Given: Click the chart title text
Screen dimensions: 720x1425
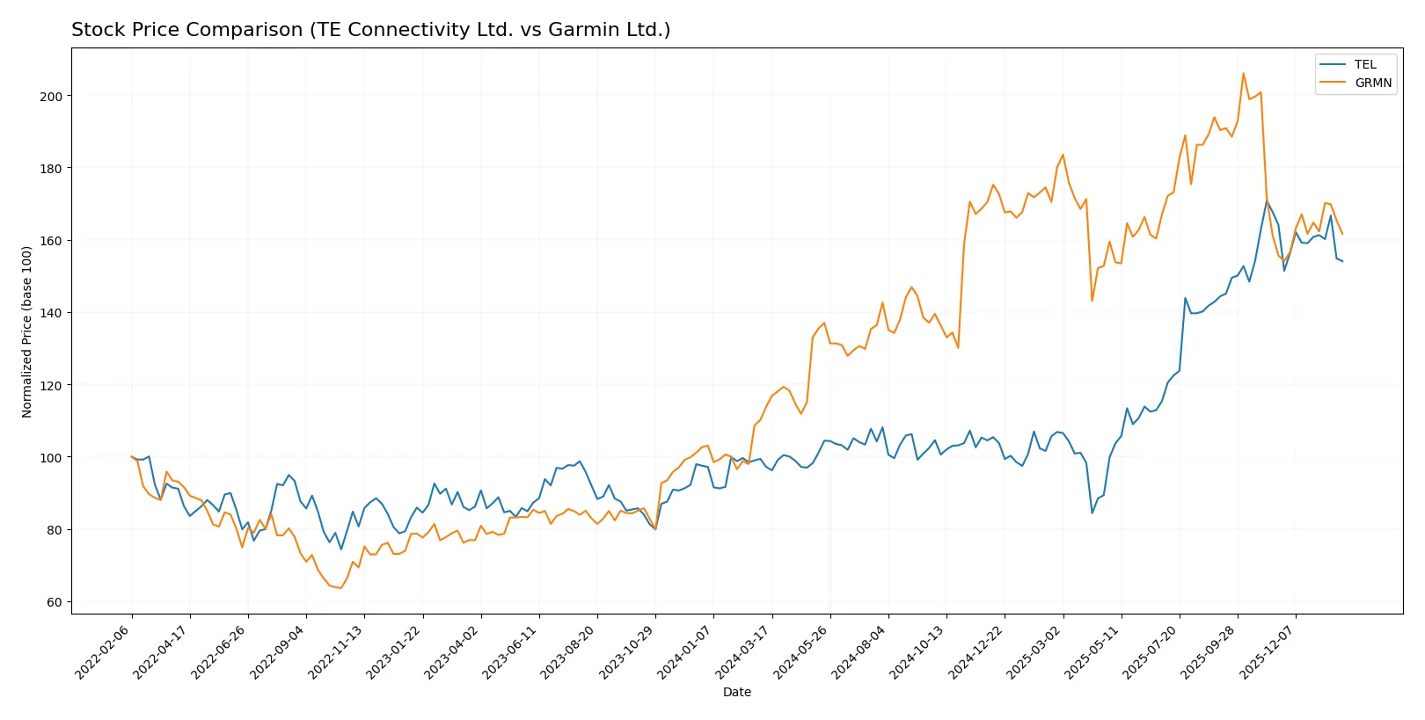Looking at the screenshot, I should (x=370, y=30).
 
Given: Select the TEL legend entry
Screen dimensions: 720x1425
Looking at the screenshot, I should (x=1364, y=64).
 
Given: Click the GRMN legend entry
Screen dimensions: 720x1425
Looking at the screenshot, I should (x=1372, y=83).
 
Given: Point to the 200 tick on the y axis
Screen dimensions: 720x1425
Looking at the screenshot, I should (x=51, y=96).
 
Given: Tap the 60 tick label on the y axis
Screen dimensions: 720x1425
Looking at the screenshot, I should (x=55, y=602).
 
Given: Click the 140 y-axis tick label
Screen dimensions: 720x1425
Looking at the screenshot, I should (x=51, y=313).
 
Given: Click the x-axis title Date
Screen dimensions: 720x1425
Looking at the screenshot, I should (x=736, y=692).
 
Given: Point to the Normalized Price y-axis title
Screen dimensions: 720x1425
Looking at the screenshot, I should (x=26, y=331).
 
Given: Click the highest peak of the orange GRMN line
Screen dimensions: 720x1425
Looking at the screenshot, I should (x=1243, y=73).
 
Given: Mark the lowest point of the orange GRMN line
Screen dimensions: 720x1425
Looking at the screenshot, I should (x=340, y=588).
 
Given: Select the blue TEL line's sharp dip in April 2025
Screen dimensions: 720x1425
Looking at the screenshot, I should (x=1092, y=513).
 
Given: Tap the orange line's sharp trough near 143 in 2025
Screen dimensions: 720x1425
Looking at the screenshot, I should (x=1092, y=301).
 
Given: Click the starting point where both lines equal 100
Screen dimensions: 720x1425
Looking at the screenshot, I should (x=132, y=457).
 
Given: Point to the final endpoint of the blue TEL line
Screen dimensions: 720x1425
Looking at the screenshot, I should (x=1342, y=261).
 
